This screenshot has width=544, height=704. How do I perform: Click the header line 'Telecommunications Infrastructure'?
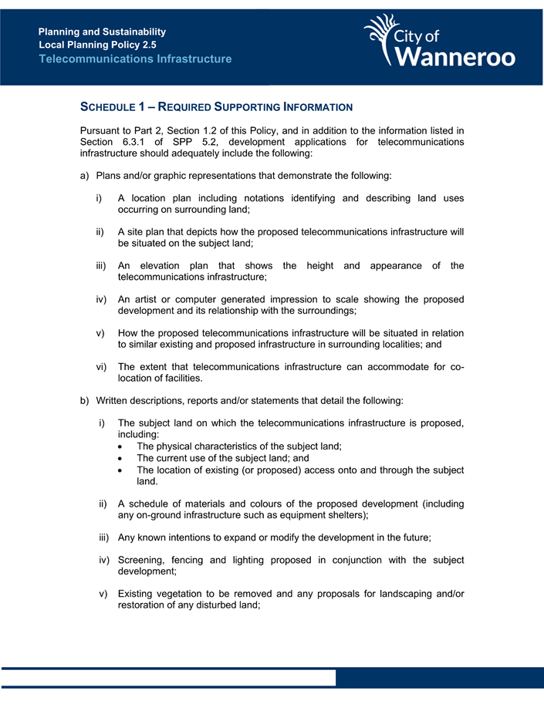coord(135,59)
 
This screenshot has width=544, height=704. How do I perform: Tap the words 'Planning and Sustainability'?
coord(103,32)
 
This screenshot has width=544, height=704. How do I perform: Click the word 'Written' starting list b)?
coord(113,401)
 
